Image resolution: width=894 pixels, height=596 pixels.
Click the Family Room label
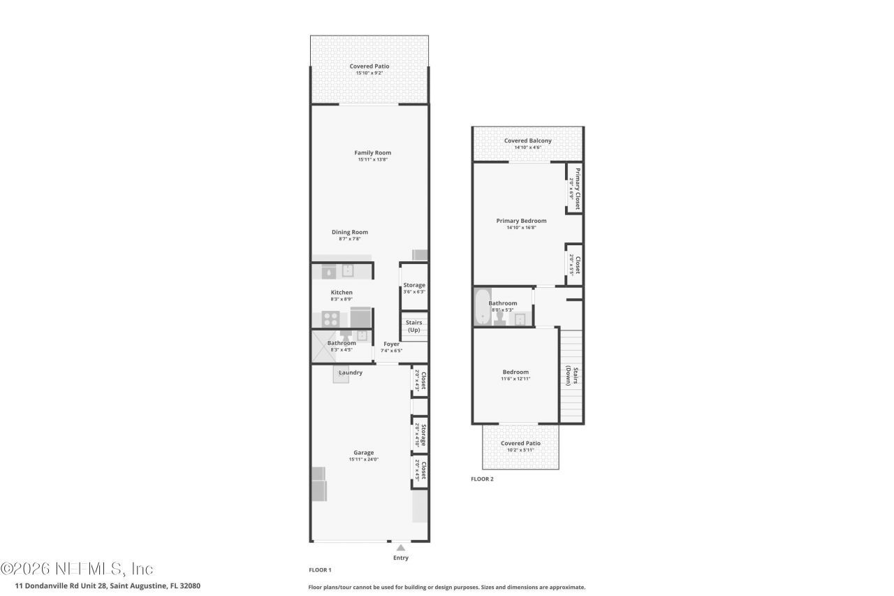click(372, 152)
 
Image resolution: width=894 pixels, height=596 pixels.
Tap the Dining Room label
click(349, 232)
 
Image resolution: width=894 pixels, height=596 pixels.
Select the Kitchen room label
click(342, 292)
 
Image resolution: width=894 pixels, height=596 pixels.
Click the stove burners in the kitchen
click(331, 319)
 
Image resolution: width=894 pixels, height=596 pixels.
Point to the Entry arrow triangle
click(401, 548)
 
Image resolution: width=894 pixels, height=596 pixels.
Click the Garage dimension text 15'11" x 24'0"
click(363, 460)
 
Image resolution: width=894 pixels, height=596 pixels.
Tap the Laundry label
click(351, 372)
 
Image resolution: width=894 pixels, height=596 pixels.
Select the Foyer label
click(391, 344)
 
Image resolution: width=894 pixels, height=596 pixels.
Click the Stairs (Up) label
click(413, 326)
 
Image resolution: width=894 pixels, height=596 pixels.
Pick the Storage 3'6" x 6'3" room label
click(413, 285)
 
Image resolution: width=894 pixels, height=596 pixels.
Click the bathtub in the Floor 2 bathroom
click(481, 307)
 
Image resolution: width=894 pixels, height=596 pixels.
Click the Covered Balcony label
click(527, 140)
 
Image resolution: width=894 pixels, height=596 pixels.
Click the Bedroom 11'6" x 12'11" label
click(515, 372)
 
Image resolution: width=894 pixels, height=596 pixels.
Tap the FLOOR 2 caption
click(482, 479)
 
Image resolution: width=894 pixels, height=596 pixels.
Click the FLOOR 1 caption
click(320, 570)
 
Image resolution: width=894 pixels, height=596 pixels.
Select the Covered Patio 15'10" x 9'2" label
click(369, 66)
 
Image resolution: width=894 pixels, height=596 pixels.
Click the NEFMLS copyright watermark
click(77, 568)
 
